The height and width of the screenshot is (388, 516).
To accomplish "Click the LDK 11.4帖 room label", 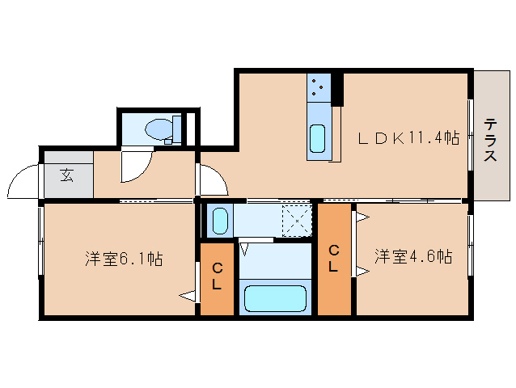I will point(409,137).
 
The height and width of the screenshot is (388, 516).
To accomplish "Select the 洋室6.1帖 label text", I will point(125,259).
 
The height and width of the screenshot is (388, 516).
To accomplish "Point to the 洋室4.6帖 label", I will point(412,257).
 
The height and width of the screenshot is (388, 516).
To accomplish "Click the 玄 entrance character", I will point(66,174).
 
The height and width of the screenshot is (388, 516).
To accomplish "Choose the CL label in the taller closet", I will point(333,258).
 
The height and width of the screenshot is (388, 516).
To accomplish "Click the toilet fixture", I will point(162,129).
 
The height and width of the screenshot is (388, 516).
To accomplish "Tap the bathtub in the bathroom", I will point(277,298).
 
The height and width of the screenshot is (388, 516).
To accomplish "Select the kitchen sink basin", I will point(318,140).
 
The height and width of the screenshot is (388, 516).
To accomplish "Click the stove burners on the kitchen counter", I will point(319,86).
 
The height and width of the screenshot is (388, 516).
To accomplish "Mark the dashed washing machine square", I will point(296,219).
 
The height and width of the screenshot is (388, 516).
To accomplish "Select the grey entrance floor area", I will point(68,175).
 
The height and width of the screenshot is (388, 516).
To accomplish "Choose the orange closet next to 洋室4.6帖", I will point(335,259).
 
